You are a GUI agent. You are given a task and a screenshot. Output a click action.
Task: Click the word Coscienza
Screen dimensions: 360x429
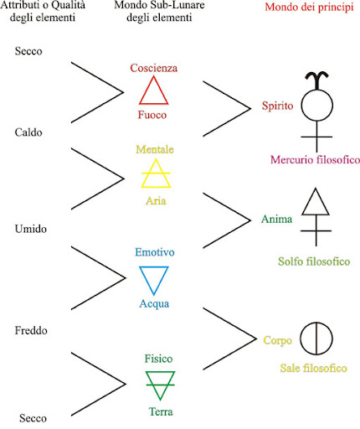tap(154, 68)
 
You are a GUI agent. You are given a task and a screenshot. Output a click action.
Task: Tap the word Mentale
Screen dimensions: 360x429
tap(155, 149)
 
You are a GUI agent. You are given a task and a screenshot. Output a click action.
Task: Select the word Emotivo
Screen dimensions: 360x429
tap(155, 252)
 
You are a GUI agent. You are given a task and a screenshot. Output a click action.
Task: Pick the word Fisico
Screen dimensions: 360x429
tap(158, 359)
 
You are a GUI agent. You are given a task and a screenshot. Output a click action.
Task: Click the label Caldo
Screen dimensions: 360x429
tap(28, 132)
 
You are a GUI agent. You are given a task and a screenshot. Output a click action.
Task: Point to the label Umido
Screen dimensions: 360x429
tap(31, 229)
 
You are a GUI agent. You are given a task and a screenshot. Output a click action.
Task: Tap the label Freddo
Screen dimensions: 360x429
tap(31, 330)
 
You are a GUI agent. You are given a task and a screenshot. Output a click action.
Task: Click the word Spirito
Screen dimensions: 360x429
tap(277, 106)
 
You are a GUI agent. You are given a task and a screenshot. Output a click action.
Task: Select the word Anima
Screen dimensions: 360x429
tap(276, 219)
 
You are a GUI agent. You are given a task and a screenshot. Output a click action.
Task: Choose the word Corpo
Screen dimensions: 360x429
tap(278, 341)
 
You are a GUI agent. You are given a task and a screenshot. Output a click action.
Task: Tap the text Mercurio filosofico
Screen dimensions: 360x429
tap(315, 160)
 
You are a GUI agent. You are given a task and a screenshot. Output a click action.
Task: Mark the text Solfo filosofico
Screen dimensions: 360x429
tap(314, 261)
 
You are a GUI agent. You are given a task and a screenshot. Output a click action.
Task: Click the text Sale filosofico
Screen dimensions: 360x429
tap(314, 368)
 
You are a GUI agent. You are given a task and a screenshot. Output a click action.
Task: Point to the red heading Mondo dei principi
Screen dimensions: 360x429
tap(309, 7)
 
